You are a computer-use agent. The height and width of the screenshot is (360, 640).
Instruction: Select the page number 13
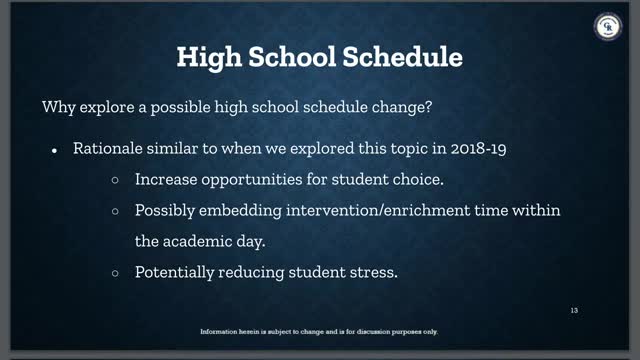(574, 310)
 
